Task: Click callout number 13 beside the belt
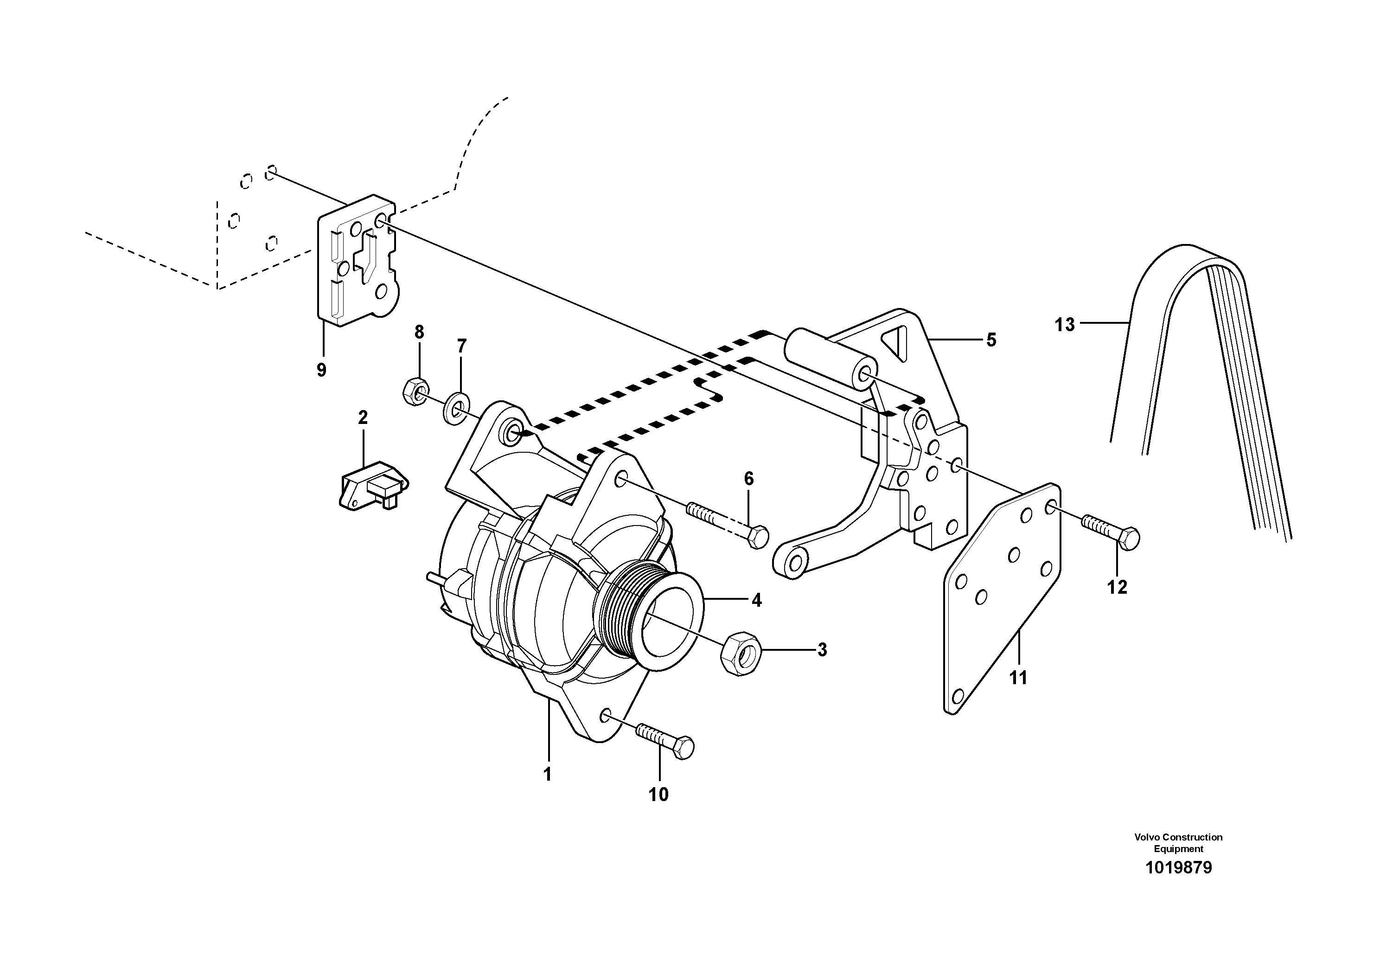pos(1065,325)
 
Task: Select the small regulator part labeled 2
pos(373,484)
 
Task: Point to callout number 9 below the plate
pos(321,370)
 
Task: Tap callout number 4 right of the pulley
pos(756,600)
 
